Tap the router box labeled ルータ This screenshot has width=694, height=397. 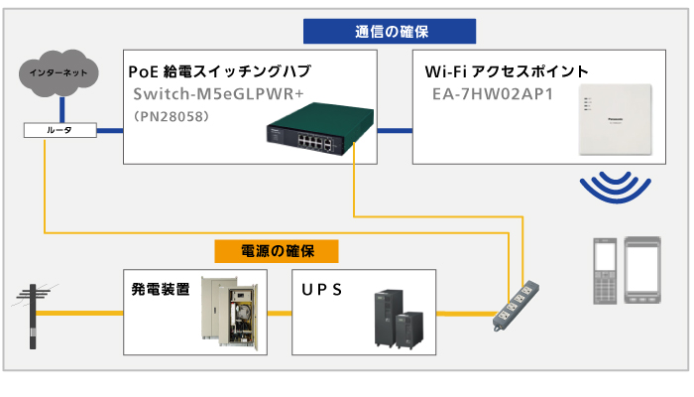[59, 131]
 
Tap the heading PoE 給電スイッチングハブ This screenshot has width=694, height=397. [219, 71]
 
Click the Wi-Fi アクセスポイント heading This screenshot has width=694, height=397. [507, 71]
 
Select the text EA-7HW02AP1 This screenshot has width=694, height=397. [492, 94]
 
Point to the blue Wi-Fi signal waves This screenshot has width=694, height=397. [615, 186]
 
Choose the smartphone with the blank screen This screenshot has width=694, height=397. [644, 268]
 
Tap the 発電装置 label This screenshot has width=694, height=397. [160, 290]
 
